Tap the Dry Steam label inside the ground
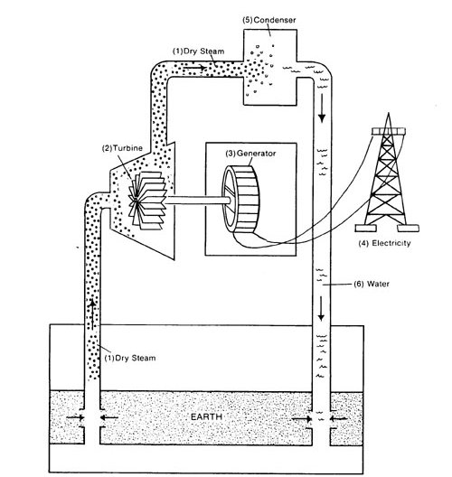[x=131, y=359]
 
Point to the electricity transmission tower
[x=390, y=181]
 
